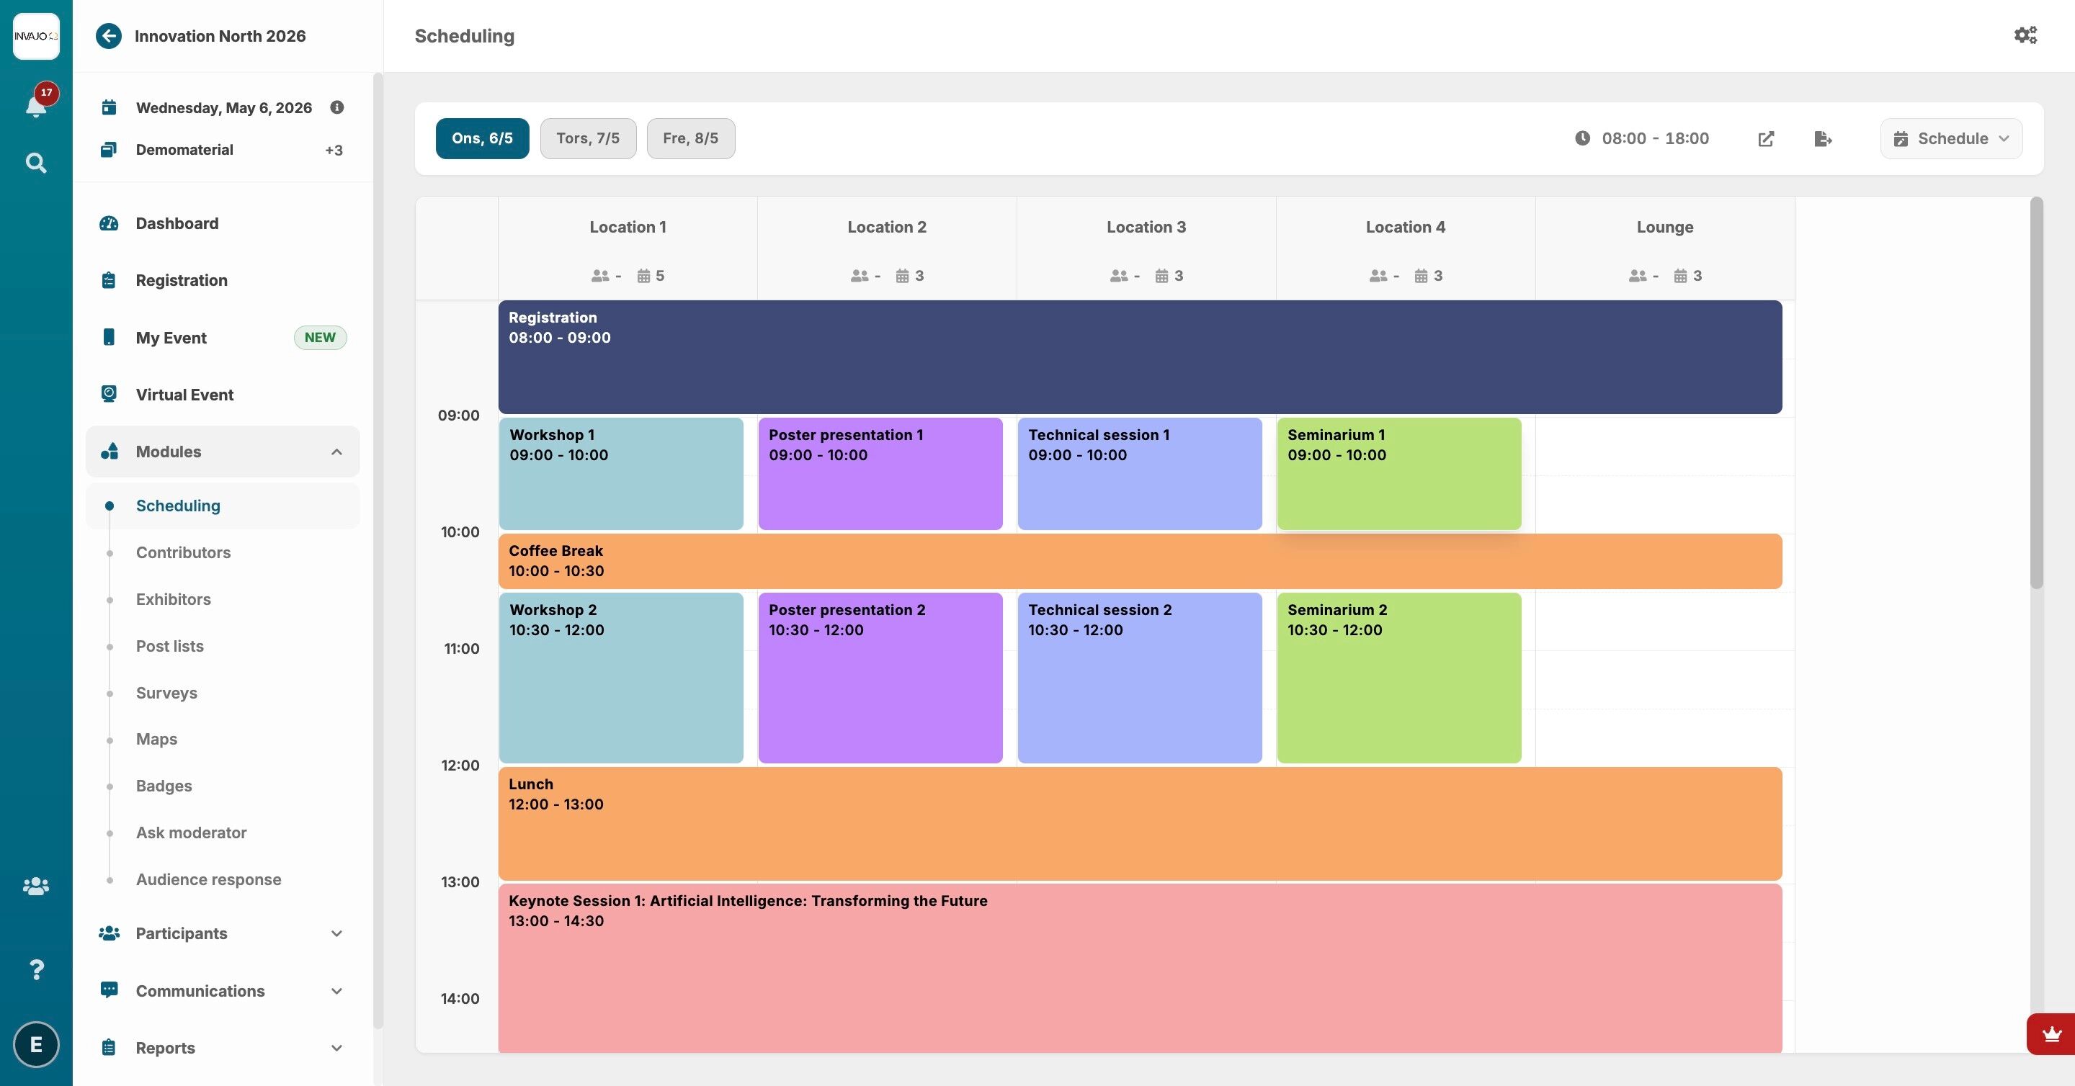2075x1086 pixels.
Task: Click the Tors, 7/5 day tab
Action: click(x=588, y=138)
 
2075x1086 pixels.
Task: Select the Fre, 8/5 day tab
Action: click(x=690, y=138)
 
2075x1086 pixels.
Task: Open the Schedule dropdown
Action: click(x=1951, y=138)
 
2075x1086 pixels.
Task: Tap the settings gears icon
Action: click(x=2025, y=35)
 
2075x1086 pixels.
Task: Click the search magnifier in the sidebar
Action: click(x=35, y=163)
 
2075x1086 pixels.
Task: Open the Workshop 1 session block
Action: click(x=621, y=473)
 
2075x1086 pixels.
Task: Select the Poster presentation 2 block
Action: click(x=880, y=678)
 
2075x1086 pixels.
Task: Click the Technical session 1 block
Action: click(x=1140, y=473)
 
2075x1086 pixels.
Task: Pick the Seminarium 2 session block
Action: click(x=1399, y=678)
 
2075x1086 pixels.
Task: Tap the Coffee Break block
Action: click(x=1140, y=561)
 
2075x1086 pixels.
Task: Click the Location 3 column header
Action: click(x=1146, y=227)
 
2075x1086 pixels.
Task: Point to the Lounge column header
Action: click(x=1665, y=227)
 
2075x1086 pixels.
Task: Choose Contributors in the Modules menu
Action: click(x=183, y=552)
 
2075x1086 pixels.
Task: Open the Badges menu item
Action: click(x=164, y=786)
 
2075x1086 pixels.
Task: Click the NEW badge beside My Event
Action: click(x=320, y=337)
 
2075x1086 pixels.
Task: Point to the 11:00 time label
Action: click(x=461, y=649)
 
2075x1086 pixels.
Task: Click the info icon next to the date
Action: click(x=336, y=107)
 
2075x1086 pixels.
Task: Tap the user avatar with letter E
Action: click(x=36, y=1044)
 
